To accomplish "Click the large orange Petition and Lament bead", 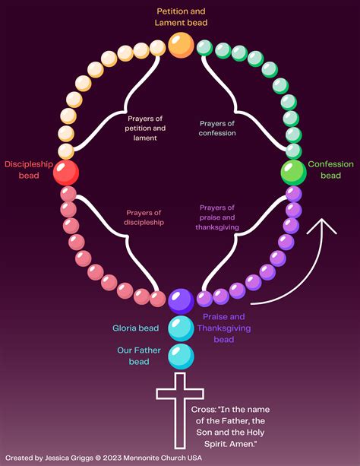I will pos(181,46).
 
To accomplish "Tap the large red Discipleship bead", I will pos(66,172).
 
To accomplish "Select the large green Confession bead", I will pos(293,173).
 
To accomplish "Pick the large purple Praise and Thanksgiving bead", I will pos(181,301).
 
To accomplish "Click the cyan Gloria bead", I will pos(181,328).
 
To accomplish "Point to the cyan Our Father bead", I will pos(181,355).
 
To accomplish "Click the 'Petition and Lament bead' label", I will pos(182,17).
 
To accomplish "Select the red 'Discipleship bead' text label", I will pos(27,170).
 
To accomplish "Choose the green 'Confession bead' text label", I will pos(330,170).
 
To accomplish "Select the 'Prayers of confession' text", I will pos(218,128).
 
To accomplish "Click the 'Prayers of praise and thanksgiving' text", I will pos(218,217).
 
